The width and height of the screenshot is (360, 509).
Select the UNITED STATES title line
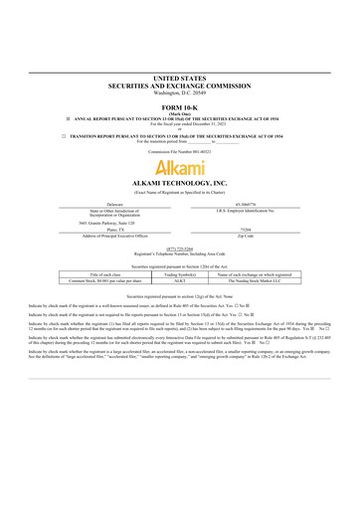180,76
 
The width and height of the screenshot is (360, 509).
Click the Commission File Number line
180,150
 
